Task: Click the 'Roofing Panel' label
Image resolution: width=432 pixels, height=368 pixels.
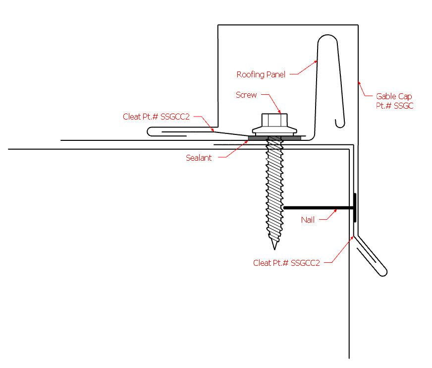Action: pos(261,75)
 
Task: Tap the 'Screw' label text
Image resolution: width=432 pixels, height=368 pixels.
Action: pos(246,95)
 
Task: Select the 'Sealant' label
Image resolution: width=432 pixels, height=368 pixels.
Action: pos(199,158)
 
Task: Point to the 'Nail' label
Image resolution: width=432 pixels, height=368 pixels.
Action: pos(308,220)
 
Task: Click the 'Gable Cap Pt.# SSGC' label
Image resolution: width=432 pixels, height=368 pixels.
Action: pos(394,101)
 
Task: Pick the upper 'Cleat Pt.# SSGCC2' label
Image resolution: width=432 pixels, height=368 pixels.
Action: pos(156,117)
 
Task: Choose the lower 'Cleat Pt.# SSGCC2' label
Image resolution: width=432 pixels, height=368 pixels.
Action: pos(286,263)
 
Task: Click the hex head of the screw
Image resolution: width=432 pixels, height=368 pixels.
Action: pos(274,121)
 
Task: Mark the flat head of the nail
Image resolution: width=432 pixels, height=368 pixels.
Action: pos(355,207)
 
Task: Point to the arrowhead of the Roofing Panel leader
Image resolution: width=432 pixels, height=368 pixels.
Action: pos(316,61)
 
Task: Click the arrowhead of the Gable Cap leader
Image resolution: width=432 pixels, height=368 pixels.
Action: pos(359,82)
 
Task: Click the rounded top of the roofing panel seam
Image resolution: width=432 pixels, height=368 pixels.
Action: pos(327,38)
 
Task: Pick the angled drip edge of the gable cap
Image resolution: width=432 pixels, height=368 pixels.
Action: pos(372,256)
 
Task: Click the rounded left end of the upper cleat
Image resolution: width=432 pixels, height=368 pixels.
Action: pos(151,131)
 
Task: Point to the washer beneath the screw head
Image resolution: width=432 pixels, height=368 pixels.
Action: pos(274,131)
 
